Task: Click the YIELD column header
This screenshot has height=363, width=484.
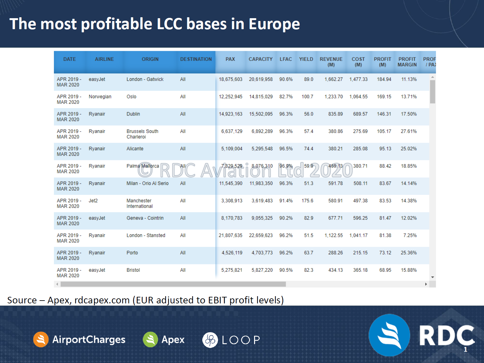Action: [x=306, y=59]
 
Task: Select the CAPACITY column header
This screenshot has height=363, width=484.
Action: [x=260, y=59]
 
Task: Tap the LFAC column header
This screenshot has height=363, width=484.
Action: [x=285, y=59]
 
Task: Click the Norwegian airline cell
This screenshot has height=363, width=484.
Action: [x=100, y=97]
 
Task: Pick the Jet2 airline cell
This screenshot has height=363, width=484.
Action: [x=93, y=201]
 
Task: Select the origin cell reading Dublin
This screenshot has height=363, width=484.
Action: [x=133, y=114]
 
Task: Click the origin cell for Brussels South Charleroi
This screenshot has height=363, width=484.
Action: [x=142, y=134]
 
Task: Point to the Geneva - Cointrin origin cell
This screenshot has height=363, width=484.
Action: [x=145, y=218]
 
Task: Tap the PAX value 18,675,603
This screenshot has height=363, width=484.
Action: [x=231, y=79]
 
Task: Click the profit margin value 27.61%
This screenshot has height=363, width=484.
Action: [x=408, y=131]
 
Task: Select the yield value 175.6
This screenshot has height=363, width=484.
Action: [x=307, y=201]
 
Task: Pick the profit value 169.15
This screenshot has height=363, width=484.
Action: [x=384, y=97]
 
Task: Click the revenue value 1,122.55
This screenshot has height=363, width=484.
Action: [x=333, y=235]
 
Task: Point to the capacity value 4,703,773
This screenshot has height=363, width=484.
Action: [x=262, y=253]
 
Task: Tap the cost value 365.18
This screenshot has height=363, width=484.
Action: [x=360, y=270]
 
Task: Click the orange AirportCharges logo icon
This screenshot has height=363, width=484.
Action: [x=41, y=339]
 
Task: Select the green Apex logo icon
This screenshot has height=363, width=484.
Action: [x=150, y=339]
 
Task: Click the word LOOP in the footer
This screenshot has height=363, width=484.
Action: [x=241, y=340]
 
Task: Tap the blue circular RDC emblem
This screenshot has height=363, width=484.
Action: [x=389, y=335]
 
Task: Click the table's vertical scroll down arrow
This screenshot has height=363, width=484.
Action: [x=433, y=277]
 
